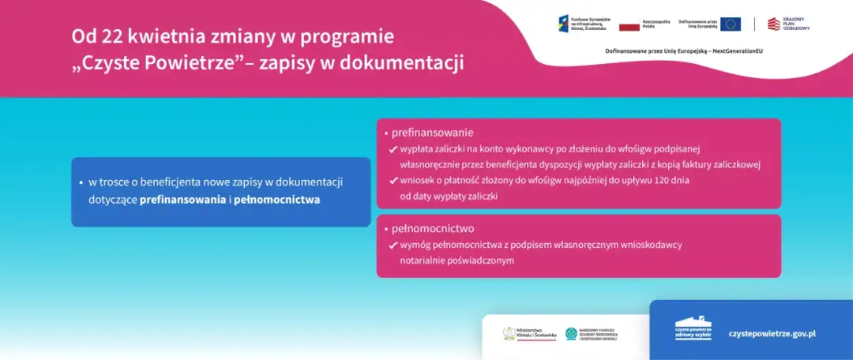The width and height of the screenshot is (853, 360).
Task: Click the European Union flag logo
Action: [x=731, y=24]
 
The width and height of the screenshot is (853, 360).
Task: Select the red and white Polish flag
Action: [x=629, y=26]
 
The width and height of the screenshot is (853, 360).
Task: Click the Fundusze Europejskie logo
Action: [x=582, y=24]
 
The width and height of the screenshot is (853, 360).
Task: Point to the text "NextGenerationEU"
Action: [x=735, y=51]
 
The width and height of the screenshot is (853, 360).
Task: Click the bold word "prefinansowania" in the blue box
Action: [x=182, y=200]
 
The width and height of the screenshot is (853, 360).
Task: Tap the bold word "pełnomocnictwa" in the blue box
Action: [x=276, y=200]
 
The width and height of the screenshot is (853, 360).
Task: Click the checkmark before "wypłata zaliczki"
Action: [x=393, y=149]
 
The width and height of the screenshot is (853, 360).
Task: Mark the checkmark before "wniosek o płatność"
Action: [x=393, y=181]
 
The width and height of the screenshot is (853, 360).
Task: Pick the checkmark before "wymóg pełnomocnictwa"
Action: [x=393, y=246]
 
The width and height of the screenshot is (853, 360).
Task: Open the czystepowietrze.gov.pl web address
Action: [x=772, y=333]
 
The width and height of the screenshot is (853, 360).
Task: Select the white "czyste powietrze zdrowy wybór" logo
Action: [x=693, y=329]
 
